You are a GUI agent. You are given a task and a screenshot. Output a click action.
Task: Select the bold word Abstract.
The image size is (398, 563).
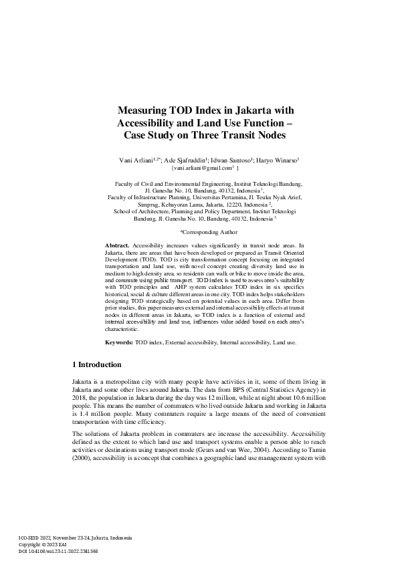pos(117,246)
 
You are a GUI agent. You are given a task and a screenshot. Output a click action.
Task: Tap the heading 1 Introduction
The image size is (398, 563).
pos(96,365)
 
